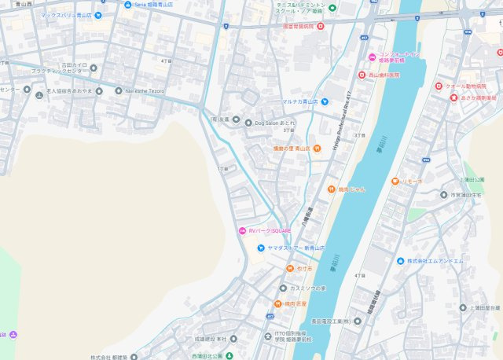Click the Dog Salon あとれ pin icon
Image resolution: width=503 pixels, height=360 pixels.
[248, 123]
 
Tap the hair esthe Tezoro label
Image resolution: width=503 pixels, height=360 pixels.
[146, 90]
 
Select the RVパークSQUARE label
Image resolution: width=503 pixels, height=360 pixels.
[270, 230]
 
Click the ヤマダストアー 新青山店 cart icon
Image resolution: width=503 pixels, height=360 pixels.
[259, 248]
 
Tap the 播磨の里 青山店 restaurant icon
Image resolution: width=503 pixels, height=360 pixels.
[316, 149]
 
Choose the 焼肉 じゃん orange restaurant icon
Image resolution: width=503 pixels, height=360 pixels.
[332, 189]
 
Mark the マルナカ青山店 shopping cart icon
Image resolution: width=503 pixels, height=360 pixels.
[325, 101]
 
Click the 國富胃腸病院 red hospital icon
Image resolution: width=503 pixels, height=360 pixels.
[320, 26]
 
